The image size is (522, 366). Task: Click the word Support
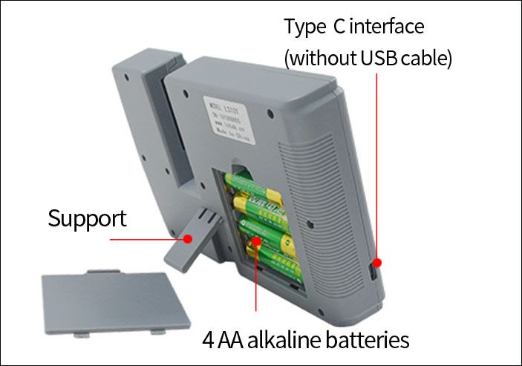(87, 219)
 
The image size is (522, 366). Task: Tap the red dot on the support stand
(189, 239)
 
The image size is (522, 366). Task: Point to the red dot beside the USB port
(377, 262)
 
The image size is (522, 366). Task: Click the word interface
(385, 27)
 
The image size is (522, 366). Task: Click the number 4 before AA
(209, 341)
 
